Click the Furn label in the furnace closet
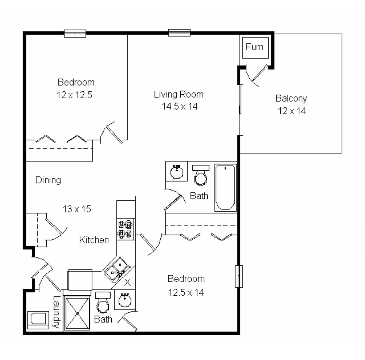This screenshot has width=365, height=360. tap(254, 47)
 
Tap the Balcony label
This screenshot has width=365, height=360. tap(291, 98)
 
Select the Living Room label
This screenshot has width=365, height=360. tap(178, 94)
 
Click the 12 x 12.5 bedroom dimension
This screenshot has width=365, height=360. tap(74, 95)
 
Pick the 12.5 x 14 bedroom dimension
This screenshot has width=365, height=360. tap(186, 292)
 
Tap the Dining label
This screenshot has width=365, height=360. tap(48, 180)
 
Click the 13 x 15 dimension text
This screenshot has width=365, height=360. tap(77, 209)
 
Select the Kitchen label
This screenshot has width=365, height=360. tap(94, 240)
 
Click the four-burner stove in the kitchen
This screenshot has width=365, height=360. tap(126, 229)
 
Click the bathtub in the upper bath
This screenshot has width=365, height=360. tap(225, 187)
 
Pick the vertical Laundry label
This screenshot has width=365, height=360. tap(56, 311)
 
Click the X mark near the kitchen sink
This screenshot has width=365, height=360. tap(127, 282)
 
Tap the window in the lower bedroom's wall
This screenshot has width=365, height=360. tap(239, 276)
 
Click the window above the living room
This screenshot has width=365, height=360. tap(179, 33)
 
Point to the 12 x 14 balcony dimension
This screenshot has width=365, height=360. tap(292, 111)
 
